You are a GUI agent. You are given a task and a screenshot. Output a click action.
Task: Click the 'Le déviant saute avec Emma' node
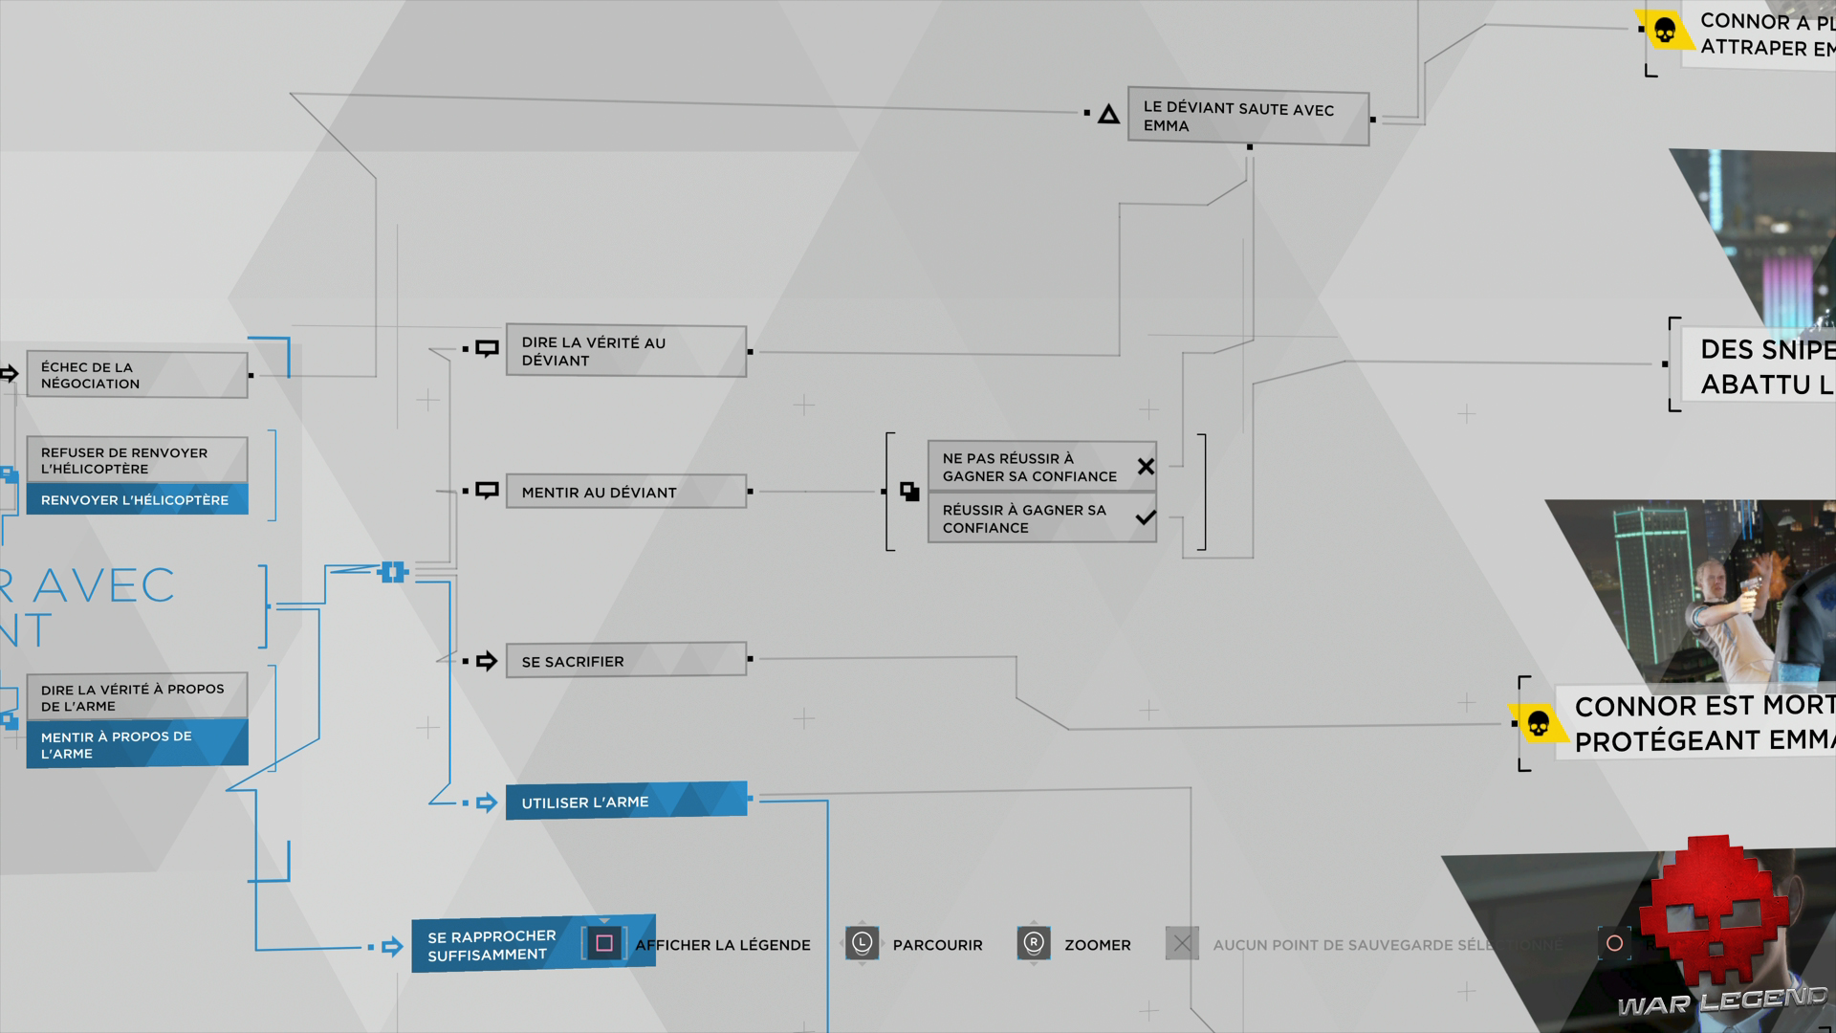pos(1248,117)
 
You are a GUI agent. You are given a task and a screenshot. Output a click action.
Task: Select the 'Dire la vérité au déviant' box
pos(625,351)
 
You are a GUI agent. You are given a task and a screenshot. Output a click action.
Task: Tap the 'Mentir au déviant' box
pos(625,492)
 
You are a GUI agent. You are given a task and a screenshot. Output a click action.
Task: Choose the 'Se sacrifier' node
pos(625,660)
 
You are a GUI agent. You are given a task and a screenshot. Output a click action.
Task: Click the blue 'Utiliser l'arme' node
pos(625,802)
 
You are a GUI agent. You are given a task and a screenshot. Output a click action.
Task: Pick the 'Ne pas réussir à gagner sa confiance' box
pos(1029,467)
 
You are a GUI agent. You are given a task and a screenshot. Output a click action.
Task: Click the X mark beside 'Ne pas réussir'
pos(1146,467)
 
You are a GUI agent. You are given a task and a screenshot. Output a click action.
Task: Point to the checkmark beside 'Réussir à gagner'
pos(1146,518)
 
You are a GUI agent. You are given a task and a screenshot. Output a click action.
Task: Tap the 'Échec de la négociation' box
pos(137,375)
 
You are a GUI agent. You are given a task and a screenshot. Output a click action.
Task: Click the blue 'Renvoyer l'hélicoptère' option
pos(137,499)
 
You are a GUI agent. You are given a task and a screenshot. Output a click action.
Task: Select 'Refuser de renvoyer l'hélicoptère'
pos(137,460)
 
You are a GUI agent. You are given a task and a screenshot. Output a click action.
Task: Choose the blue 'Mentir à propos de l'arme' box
pos(137,744)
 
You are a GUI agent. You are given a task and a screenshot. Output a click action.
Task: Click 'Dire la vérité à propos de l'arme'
pos(137,697)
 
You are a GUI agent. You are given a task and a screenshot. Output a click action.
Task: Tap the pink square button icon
pos(604,944)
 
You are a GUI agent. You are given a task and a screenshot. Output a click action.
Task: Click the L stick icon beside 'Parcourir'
pos(862,944)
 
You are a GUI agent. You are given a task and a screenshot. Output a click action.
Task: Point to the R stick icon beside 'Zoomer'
pos(1034,944)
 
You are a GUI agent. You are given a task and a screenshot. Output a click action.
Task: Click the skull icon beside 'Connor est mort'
pos(1539,724)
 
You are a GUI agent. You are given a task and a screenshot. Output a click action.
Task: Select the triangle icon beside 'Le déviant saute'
pos(1108,116)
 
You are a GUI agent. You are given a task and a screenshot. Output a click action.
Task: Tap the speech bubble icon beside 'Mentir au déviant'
pos(488,491)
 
